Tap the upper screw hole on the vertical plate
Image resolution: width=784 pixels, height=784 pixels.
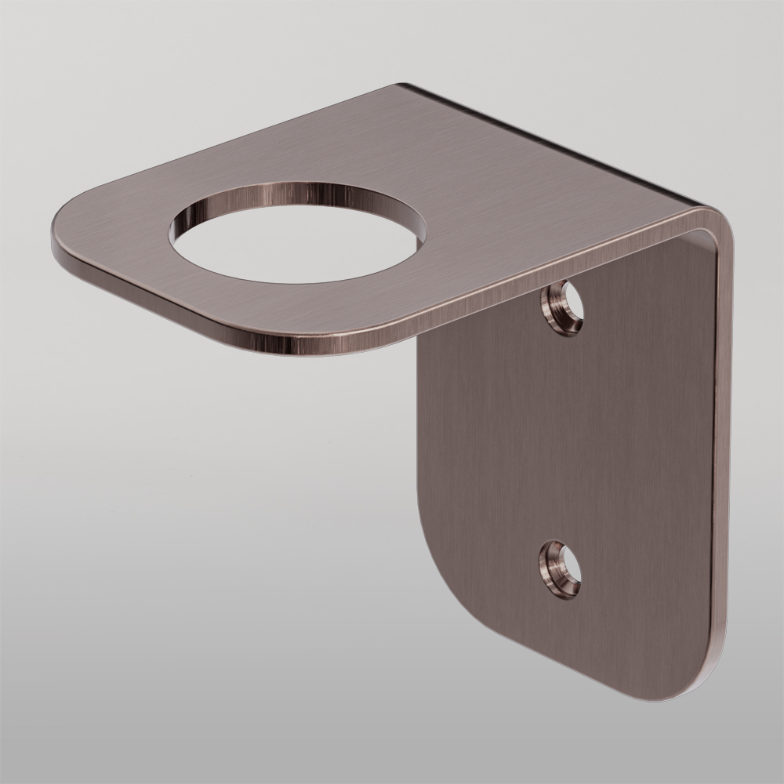point(564,307)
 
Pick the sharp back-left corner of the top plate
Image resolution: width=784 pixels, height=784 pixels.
point(404,86)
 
